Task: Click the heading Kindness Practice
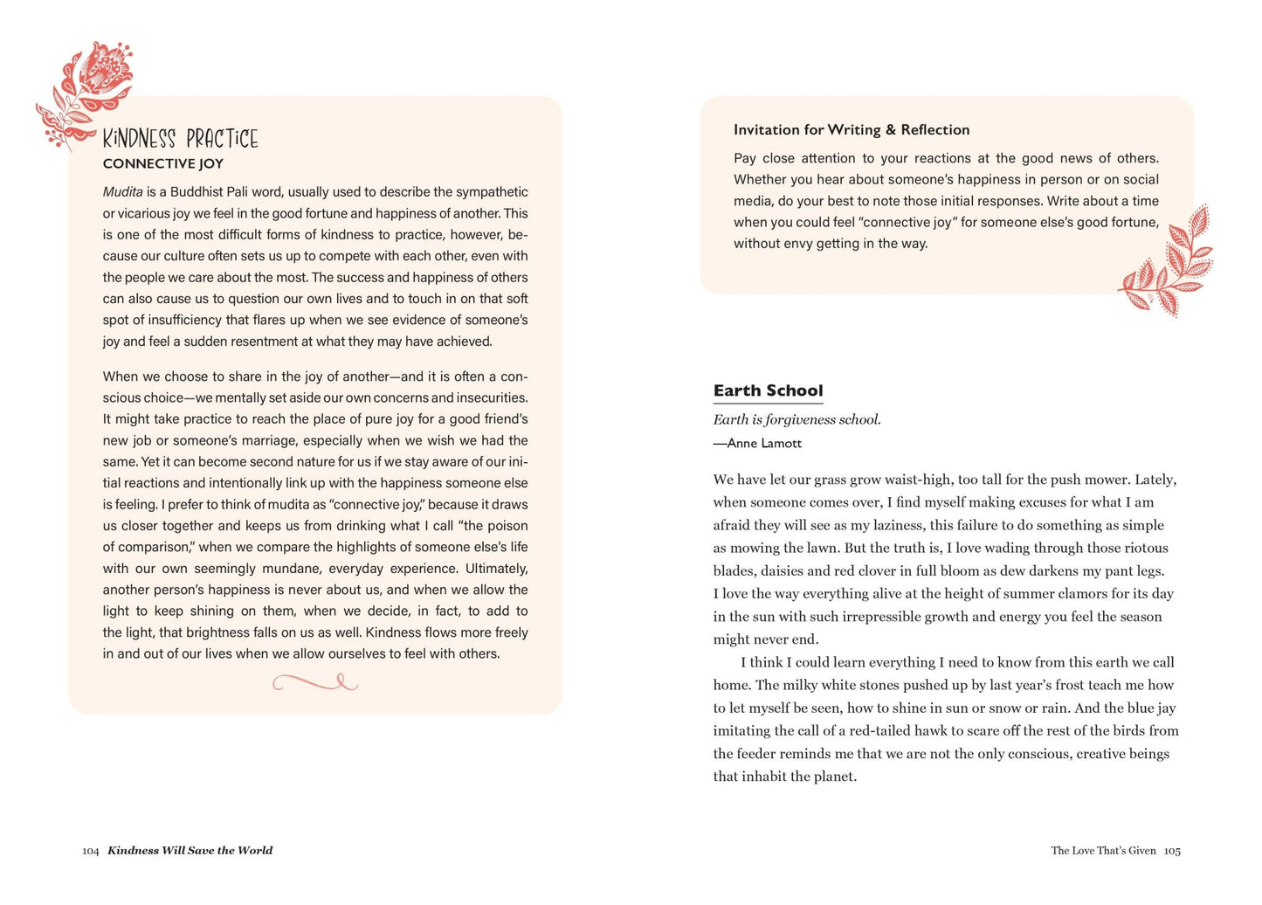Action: pyautogui.click(x=180, y=139)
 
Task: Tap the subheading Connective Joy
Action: pyautogui.click(x=163, y=163)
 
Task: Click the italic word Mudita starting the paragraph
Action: pyautogui.click(x=122, y=192)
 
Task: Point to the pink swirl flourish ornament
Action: pyautogui.click(x=315, y=682)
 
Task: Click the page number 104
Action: pyautogui.click(x=91, y=851)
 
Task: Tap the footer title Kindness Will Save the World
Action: pyautogui.click(x=190, y=851)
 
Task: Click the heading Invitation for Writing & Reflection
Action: pyautogui.click(x=851, y=130)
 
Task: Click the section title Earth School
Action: pyautogui.click(x=768, y=390)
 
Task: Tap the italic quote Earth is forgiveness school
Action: pyautogui.click(x=797, y=419)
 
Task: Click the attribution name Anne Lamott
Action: pyautogui.click(x=764, y=444)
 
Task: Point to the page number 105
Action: pyautogui.click(x=1172, y=851)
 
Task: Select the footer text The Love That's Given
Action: pyautogui.click(x=1103, y=851)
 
